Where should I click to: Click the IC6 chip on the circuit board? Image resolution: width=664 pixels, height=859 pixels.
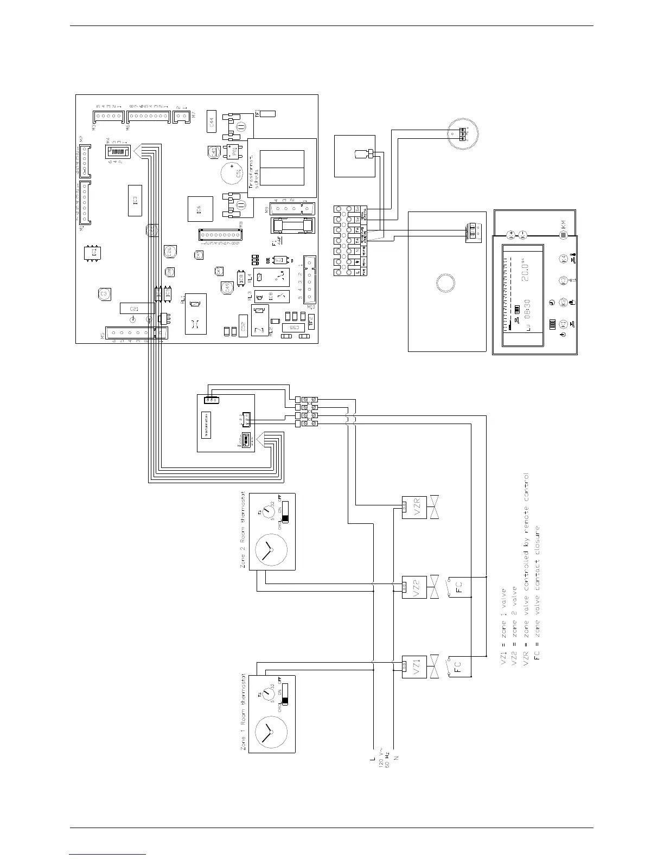199,209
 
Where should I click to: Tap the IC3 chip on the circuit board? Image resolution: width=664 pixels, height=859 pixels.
135,201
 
